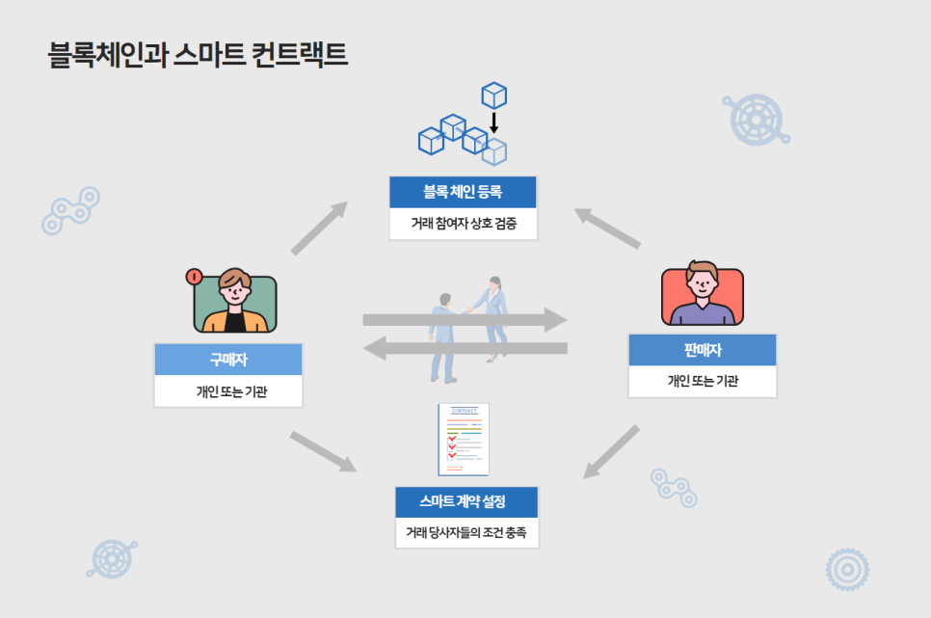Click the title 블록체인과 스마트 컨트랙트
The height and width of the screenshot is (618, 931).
tap(198, 55)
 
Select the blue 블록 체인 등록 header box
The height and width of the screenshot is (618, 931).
tap(464, 192)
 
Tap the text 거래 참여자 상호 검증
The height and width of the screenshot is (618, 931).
tap(464, 224)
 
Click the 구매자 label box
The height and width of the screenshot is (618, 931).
tap(228, 360)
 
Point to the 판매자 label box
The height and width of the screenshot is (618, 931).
tap(703, 350)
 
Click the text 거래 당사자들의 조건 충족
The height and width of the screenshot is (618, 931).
tap(466, 532)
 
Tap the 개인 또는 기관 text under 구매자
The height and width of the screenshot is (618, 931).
tap(231, 391)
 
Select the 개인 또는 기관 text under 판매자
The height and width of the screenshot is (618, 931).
tap(703, 381)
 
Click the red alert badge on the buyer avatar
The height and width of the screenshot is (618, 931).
tap(194, 277)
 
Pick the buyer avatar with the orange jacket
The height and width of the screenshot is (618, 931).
tap(235, 301)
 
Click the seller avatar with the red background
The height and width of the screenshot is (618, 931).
tap(703, 293)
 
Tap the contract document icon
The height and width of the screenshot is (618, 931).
tap(464, 439)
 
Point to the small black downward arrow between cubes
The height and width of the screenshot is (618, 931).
tap(493, 122)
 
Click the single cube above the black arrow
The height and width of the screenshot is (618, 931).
tap(494, 95)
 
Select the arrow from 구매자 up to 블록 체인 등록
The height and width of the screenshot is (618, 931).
tap(319, 228)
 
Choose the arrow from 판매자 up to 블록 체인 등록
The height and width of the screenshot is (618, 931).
tap(607, 228)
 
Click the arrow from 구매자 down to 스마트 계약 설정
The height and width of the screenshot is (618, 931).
tap(323, 451)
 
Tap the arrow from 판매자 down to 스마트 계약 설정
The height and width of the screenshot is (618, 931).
tap(611, 451)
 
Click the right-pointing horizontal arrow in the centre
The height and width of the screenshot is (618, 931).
tap(465, 320)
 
